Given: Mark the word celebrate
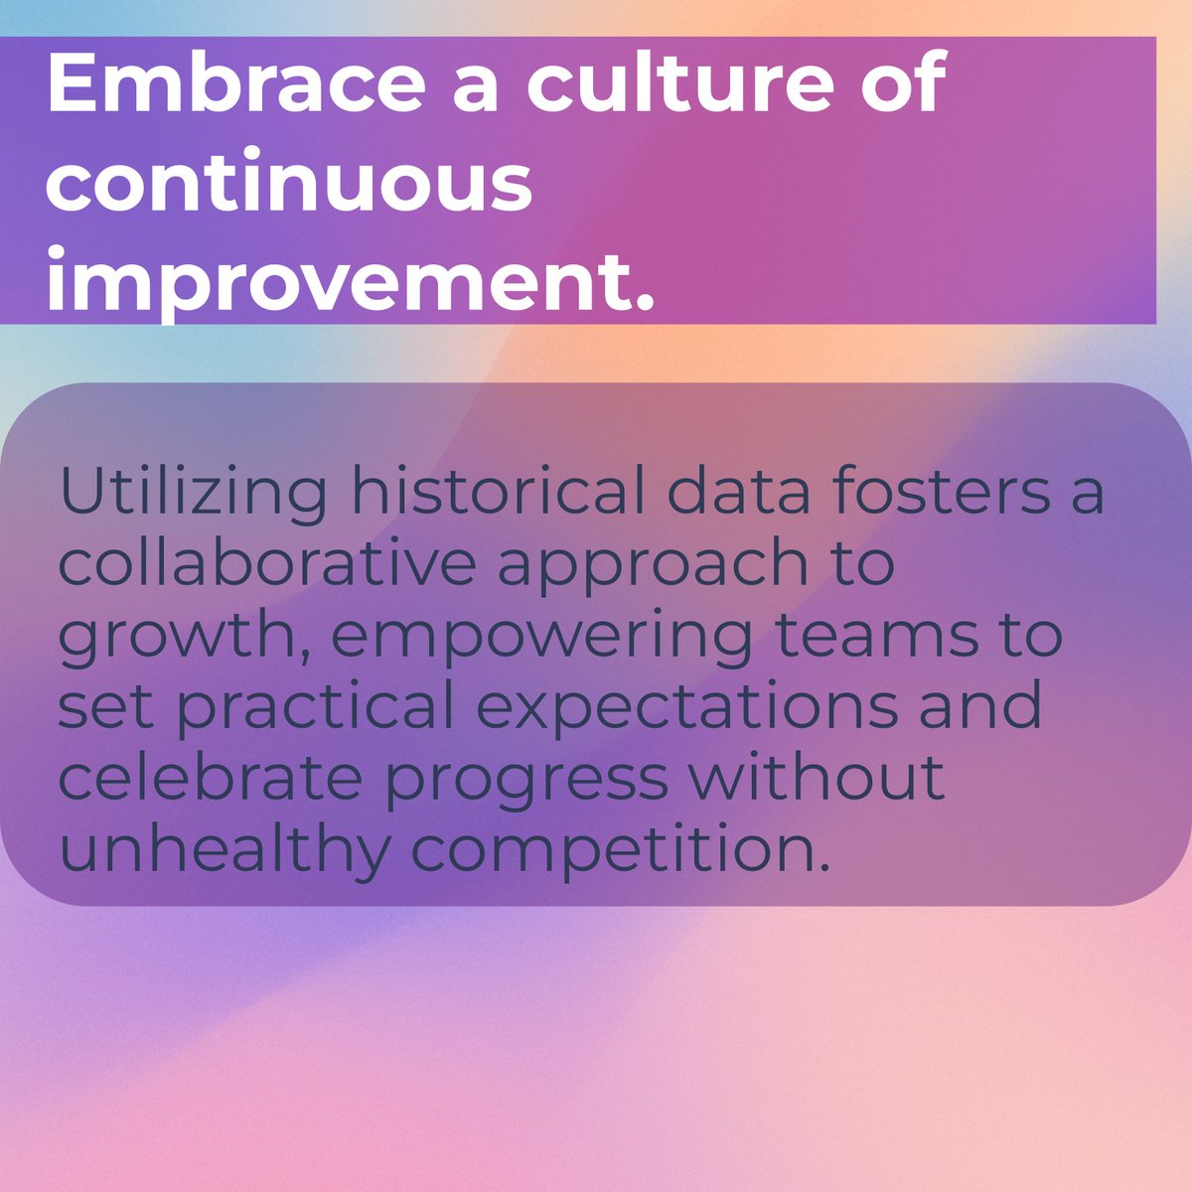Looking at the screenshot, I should click(x=210, y=780).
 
